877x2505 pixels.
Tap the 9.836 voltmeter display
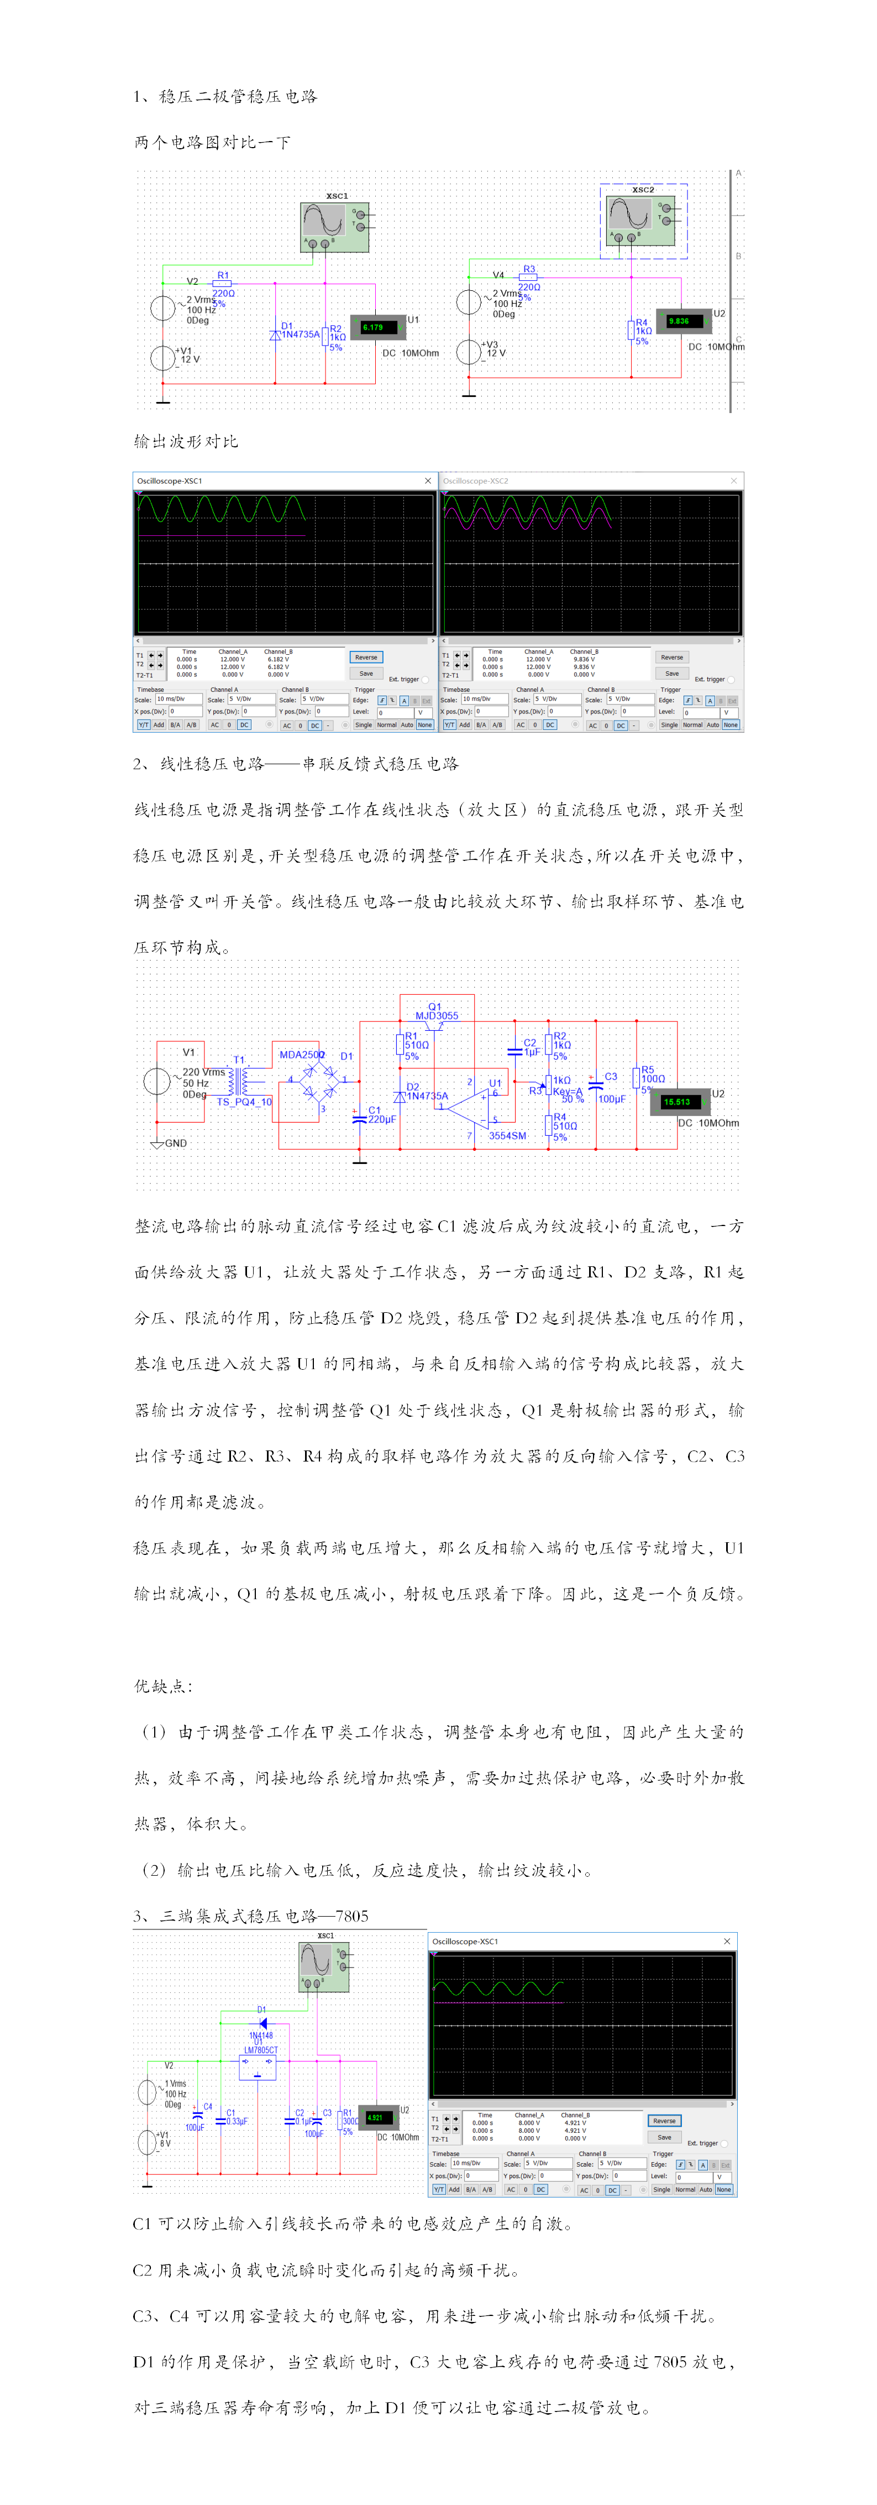point(679,321)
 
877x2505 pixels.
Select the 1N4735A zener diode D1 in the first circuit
point(275,335)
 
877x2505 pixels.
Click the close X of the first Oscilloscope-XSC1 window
point(428,481)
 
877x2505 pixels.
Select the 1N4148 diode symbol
point(261,2024)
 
